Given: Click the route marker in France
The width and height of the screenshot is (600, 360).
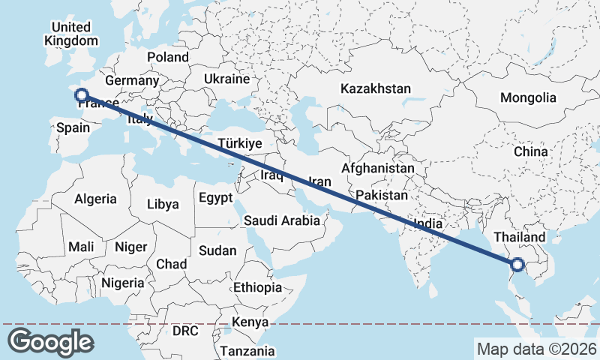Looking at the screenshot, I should [x=82, y=95].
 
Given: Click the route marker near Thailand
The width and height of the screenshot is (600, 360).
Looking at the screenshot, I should [x=517, y=264].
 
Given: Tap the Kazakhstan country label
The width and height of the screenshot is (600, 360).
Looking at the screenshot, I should [x=375, y=88].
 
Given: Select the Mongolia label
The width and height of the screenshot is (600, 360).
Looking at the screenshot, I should [x=528, y=97].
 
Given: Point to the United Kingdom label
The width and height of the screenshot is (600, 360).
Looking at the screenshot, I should [x=71, y=34].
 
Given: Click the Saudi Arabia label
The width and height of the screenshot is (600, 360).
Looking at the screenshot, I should [x=281, y=220].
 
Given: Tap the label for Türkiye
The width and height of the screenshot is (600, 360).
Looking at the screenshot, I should [x=239, y=143].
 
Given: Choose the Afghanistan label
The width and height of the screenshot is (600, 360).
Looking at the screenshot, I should [x=377, y=169].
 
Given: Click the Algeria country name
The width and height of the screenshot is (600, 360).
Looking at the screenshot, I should [x=95, y=199].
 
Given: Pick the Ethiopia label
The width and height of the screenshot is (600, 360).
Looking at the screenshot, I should [x=257, y=287].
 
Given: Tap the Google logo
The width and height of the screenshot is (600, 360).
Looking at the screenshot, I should [x=50, y=342].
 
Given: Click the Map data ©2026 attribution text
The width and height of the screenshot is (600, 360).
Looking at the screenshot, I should [x=536, y=349].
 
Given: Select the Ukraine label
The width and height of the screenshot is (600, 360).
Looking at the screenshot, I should [x=226, y=79].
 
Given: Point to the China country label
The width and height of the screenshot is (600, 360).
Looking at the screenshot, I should [x=531, y=151].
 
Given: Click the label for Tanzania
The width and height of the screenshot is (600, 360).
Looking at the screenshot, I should [x=248, y=350].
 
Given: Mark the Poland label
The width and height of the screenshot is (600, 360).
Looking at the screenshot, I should [x=168, y=57].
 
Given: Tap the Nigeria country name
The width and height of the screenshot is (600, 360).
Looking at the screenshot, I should [x=121, y=283].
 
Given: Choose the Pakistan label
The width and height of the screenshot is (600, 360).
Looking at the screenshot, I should [x=382, y=195].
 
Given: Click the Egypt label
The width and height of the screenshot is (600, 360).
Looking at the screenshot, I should [x=217, y=198].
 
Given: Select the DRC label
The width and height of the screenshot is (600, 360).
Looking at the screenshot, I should [x=185, y=330].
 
